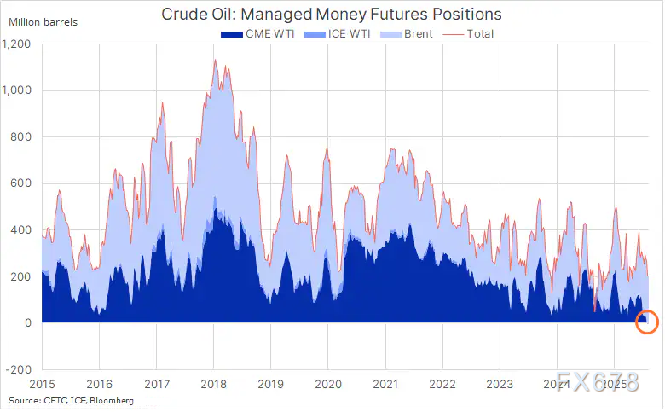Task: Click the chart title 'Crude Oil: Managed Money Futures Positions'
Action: click(331, 15)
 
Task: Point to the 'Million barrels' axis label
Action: click(43, 21)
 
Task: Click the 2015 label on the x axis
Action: click(42, 384)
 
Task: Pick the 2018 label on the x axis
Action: click(214, 384)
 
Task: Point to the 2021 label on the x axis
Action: click(385, 384)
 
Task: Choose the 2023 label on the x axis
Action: click(500, 384)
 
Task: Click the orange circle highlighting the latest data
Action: click(647, 321)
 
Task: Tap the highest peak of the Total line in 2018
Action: click(215, 60)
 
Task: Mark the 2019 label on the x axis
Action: click(271, 384)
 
